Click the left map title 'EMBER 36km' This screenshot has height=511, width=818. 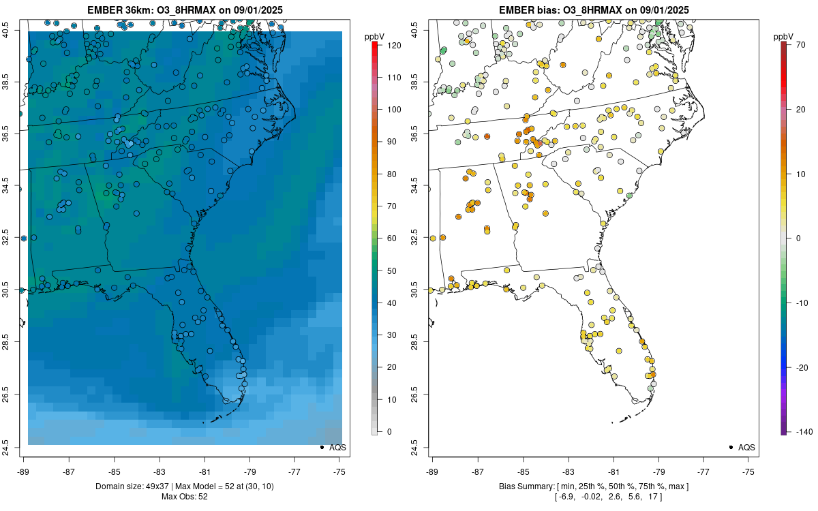click(119, 10)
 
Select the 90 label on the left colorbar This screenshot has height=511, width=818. click(392, 142)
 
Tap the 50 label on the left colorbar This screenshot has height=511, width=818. click(392, 271)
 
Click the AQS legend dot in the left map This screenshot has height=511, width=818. click(321, 447)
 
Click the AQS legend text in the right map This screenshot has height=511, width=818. click(747, 447)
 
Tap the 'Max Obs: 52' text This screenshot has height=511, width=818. click(185, 497)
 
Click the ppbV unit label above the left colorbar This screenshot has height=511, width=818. click(375, 35)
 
